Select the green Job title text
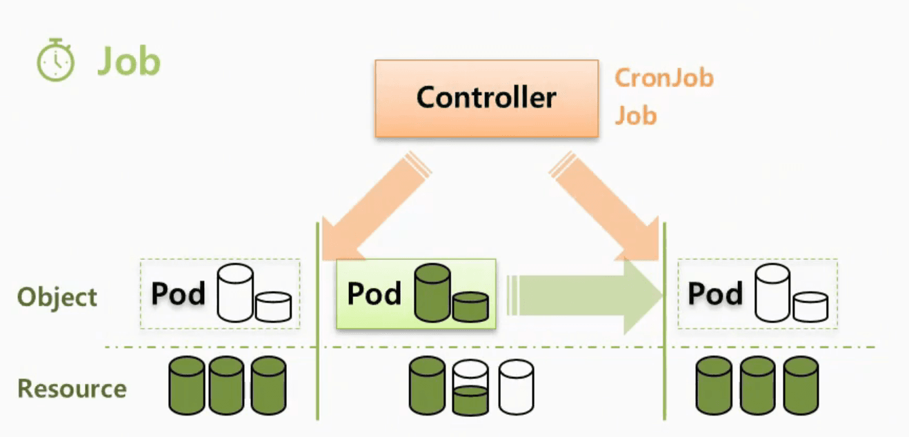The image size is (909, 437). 130,61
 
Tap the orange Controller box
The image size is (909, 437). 486,99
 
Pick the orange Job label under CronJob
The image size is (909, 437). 635,116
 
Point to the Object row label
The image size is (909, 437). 57,297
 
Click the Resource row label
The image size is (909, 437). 72,388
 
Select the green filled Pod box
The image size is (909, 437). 416,294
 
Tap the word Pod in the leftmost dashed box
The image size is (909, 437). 178,294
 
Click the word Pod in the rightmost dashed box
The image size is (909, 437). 715,293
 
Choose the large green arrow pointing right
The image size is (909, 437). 584,296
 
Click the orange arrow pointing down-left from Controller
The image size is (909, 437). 374,207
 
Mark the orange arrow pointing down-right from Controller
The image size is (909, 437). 606,207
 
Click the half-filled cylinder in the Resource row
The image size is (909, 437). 470,387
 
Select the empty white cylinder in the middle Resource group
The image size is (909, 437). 516,387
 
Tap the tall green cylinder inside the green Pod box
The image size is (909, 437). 432,293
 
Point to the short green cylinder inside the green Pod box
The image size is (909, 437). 471,307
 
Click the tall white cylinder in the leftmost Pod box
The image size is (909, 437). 235,293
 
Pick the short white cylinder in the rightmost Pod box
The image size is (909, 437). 810,307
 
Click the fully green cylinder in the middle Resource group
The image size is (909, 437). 427,385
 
